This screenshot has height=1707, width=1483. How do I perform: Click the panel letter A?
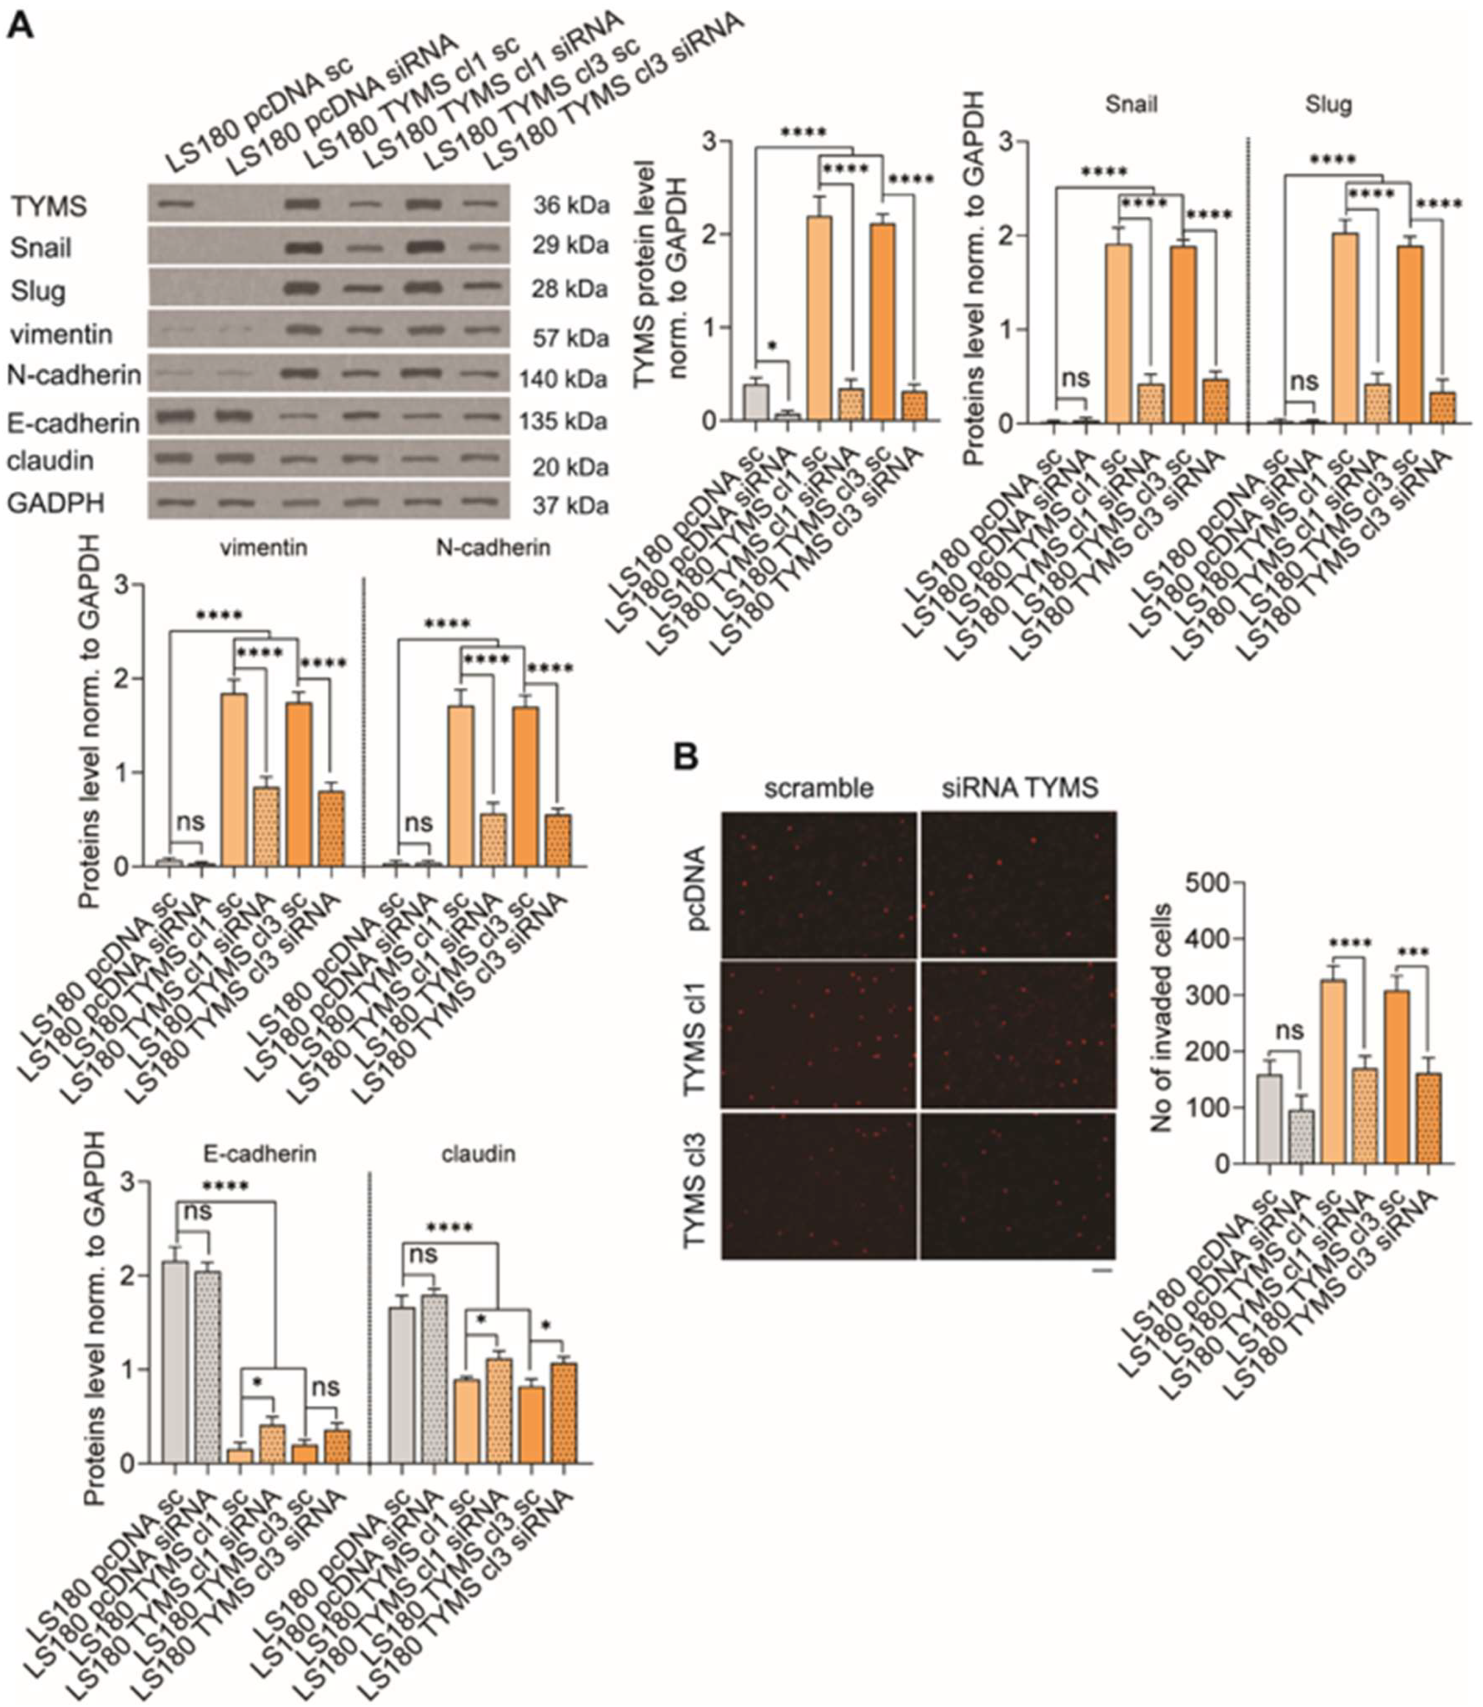pos(21,25)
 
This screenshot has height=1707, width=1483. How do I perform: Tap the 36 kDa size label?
pos(570,205)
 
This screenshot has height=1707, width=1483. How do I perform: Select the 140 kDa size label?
pos(563,380)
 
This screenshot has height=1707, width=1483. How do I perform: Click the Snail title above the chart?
pos(1131,104)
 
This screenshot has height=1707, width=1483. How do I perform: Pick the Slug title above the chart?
pos(1328,104)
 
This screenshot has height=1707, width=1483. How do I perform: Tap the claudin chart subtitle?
pos(478,1154)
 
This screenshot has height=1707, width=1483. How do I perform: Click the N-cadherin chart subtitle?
pos(494,548)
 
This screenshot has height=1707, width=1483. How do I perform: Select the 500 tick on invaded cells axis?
pos(1208,883)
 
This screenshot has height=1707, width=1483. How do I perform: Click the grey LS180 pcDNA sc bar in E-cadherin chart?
pos(174,1362)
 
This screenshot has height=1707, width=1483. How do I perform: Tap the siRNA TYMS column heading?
pos(1020,788)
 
